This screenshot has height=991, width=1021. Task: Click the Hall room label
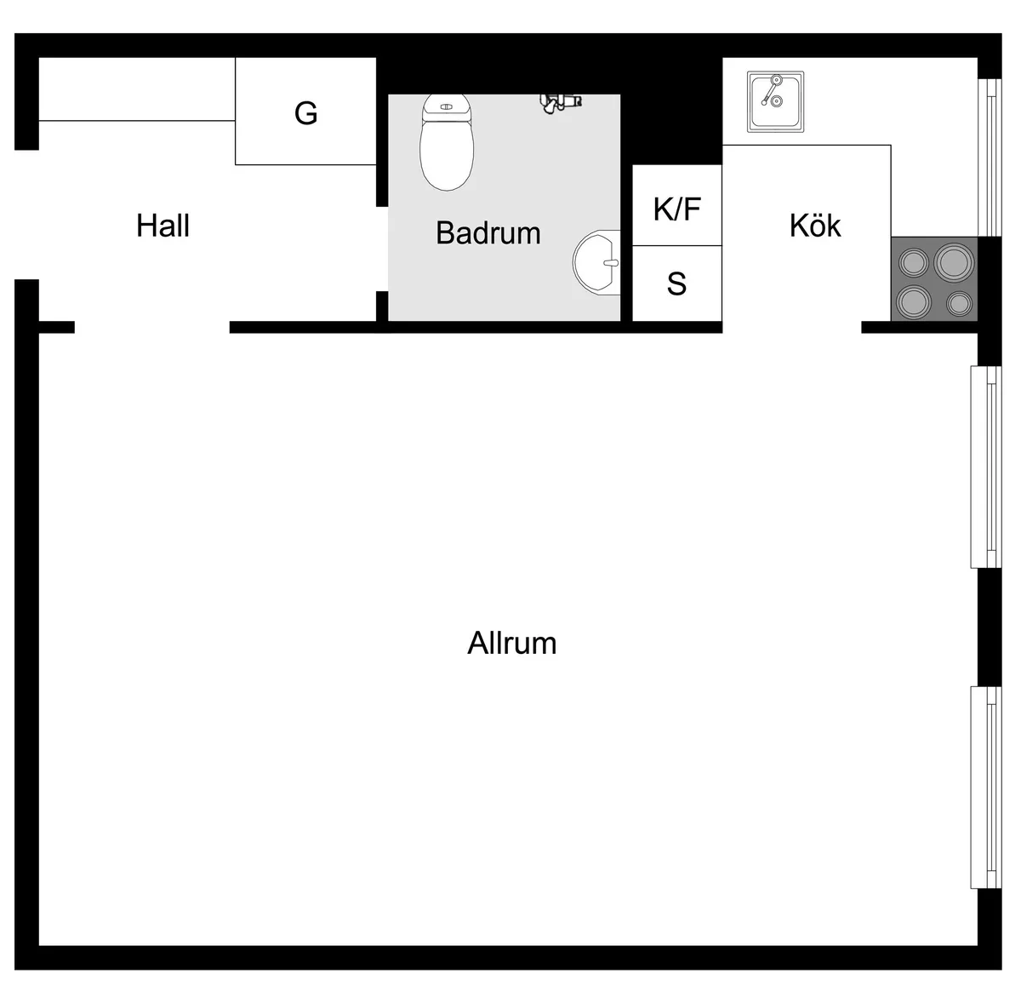163,226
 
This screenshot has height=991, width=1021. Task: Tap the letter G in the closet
306,113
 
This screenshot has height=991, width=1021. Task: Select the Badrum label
488,233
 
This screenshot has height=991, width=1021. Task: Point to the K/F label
676,209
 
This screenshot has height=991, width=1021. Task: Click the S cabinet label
676,284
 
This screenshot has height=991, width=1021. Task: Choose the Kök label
815,226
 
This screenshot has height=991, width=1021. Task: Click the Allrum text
511,643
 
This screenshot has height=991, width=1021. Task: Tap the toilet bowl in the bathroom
447,152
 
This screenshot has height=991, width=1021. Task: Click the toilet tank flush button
446,106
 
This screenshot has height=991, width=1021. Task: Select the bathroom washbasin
596,262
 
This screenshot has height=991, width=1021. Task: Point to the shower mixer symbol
561,102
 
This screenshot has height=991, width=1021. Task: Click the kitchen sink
775,101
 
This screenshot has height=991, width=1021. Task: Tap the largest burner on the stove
954,261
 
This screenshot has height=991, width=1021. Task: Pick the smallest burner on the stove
959,304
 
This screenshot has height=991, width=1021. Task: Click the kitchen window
990,158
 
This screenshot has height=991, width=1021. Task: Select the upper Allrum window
986,467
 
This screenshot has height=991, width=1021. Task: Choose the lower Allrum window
986,788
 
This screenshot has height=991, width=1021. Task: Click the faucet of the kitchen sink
771,90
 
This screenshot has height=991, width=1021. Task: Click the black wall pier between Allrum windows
990,627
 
